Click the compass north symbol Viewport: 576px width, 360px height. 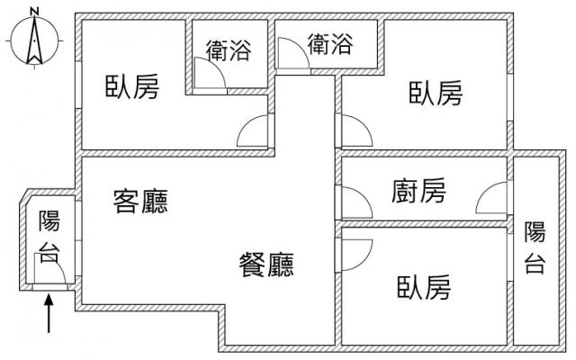34,42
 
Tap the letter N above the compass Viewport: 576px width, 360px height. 34,11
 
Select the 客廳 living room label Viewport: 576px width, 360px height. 141,201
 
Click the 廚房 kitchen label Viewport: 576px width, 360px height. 418,191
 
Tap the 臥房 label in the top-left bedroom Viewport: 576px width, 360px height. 132,87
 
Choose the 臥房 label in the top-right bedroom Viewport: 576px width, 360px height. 436,93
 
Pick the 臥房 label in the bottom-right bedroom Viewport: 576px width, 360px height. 423,288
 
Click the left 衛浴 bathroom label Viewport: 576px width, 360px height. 228,49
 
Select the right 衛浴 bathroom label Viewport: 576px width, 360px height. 329,43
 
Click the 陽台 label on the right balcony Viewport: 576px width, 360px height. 535,247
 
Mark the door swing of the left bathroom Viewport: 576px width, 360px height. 210,76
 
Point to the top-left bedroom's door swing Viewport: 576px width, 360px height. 254,133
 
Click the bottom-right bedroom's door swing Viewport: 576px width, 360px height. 353,256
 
